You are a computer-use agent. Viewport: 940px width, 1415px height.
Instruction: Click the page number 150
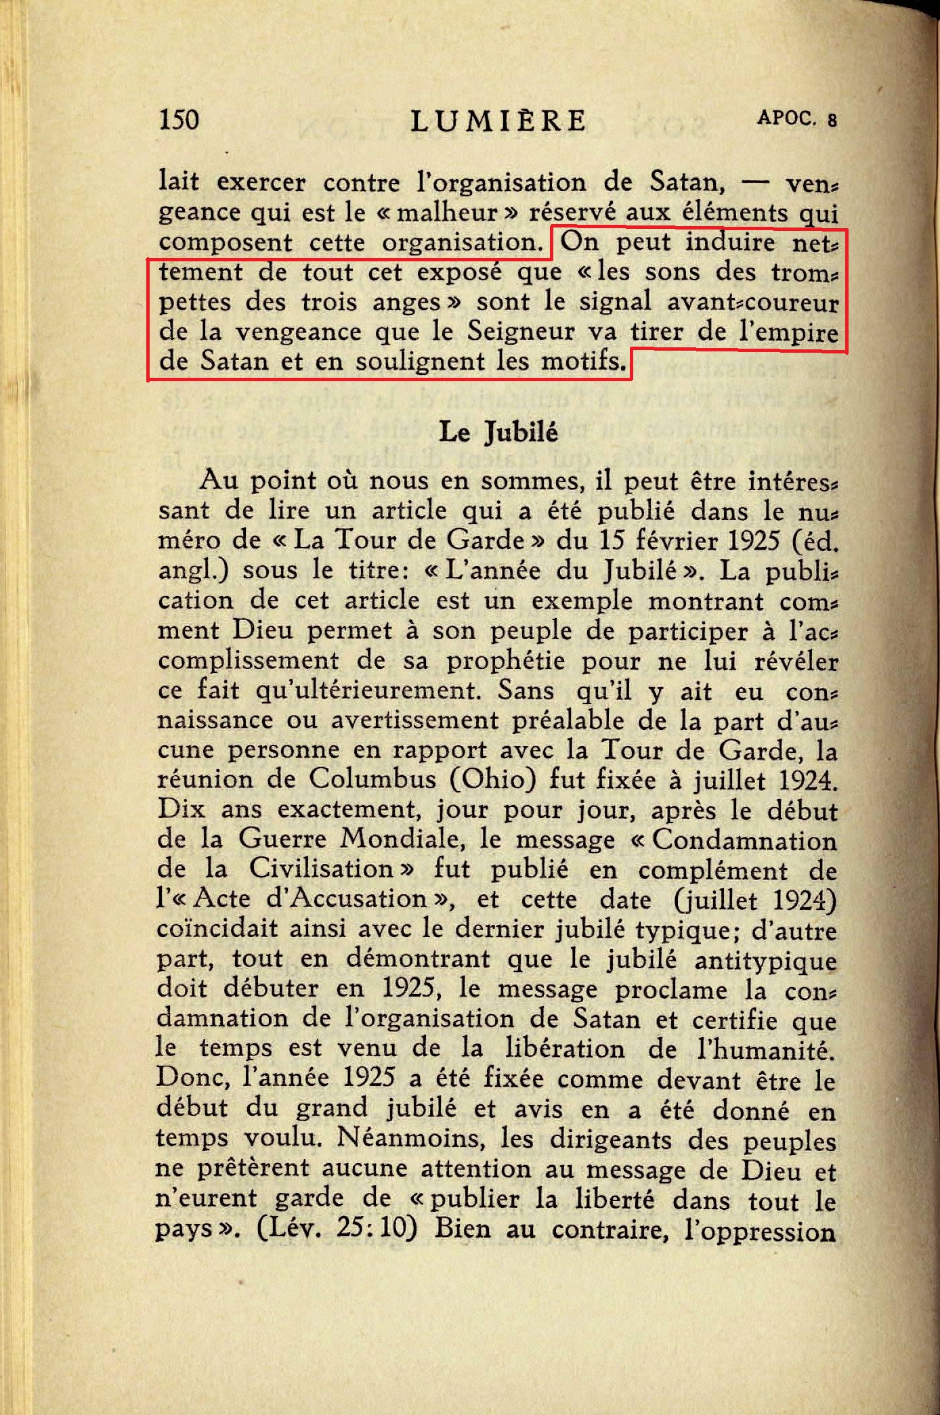(x=179, y=120)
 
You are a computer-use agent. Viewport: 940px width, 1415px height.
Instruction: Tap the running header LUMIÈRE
(x=498, y=121)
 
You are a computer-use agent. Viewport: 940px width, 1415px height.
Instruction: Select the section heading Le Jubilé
(x=498, y=432)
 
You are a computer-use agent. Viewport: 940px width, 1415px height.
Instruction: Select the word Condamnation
(x=744, y=840)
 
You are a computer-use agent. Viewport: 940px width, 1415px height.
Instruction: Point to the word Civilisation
(x=321, y=869)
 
